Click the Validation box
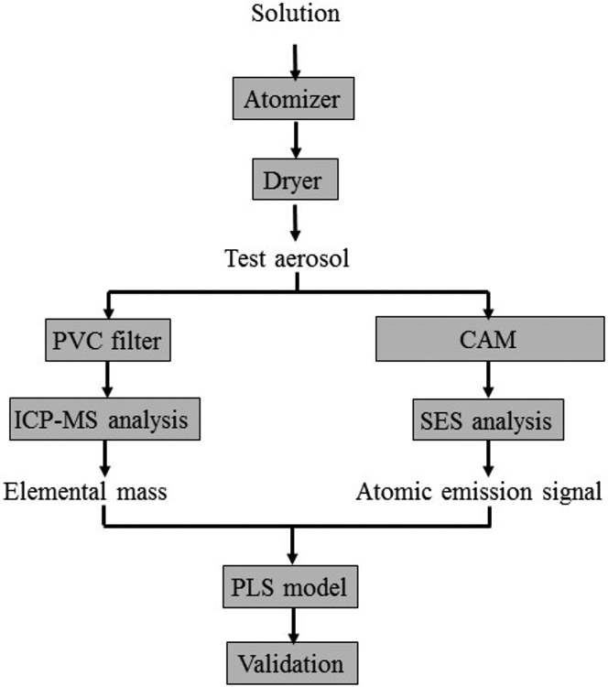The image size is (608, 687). [x=295, y=660]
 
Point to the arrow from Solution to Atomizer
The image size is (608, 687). [x=295, y=57]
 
